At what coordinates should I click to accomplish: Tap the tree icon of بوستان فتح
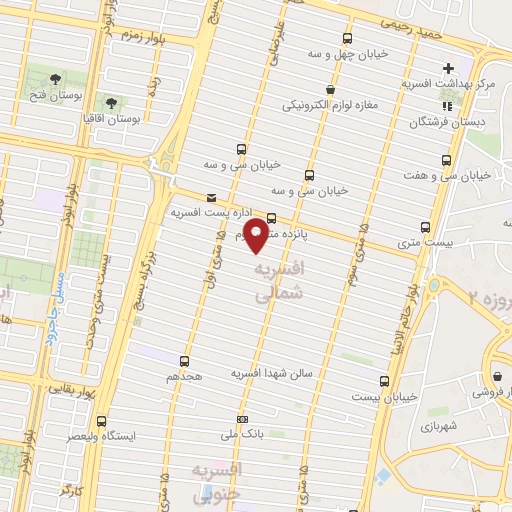coord(54,77)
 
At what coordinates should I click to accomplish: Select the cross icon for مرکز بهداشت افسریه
coord(449,68)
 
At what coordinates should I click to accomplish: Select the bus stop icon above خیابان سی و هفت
coord(446,159)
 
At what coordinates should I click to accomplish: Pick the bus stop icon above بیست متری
coord(426,227)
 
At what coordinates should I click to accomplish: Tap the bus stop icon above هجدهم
coord(184,361)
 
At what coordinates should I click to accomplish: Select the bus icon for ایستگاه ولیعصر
coord(100,421)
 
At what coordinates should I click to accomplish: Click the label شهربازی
coord(439,425)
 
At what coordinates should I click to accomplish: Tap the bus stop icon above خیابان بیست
coord(384,381)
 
